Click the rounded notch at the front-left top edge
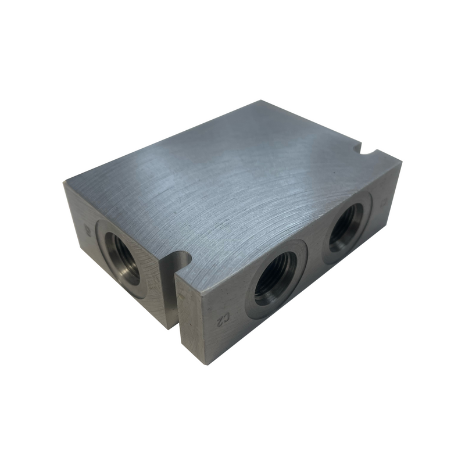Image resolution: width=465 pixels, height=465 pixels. click(x=183, y=258)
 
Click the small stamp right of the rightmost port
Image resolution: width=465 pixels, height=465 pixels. click(x=383, y=203)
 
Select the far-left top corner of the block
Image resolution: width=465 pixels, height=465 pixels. click(x=63, y=181)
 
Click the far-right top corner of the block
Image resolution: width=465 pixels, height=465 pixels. click(x=401, y=161)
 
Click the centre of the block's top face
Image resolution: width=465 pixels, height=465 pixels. click(x=233, y=186)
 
